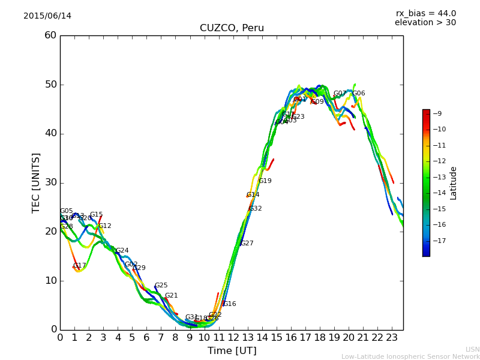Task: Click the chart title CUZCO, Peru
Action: (232, 28)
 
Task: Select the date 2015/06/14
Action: (47, 16)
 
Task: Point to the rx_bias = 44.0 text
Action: (425, 13)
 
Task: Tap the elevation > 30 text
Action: (425, 23)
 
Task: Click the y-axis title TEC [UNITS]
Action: (36, 182)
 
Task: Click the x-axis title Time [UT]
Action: (232, 351)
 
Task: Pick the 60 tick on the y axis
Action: (50, 35)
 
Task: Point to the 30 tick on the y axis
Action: (50, 182)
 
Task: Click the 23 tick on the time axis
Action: (392, 338)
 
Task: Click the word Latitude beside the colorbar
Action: (454, 183)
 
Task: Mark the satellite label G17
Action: (80, 265)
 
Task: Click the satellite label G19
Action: (265, 181)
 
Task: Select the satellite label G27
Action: (247, 243)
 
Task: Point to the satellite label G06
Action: (359, 93)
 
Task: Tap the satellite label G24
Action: (122, 250)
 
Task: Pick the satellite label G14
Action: (253, 194)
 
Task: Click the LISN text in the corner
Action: (472, 349)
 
